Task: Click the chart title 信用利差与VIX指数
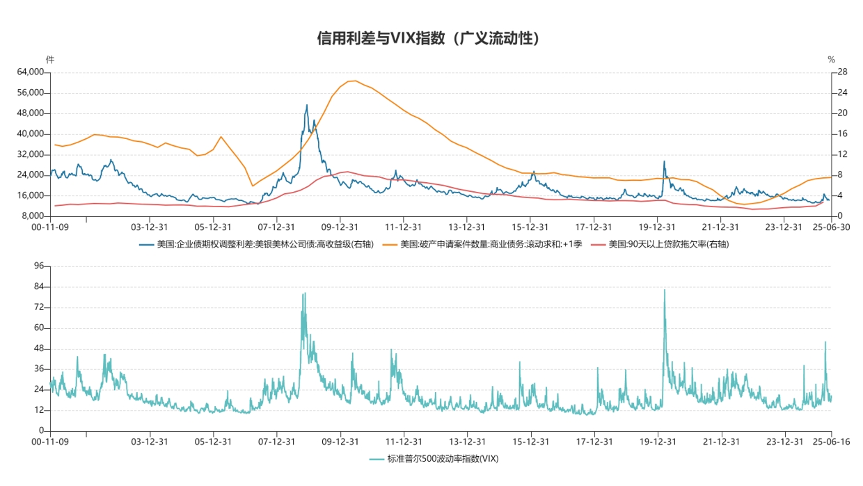click(x=428, y=38)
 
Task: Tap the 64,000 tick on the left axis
click(x=31, y=72)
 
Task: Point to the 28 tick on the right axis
click(x=842, y=72)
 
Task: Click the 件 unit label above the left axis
click(x=49, y=60)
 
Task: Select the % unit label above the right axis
click(x=831, y=60)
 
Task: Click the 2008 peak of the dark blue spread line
click(x=306, y=106)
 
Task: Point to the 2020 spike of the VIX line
click(x=665, y=290)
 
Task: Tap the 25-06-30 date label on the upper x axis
click(x=831, y=227)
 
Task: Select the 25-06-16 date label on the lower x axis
click(x=831, y=442)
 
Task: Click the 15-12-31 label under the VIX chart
click(x=531, y=442)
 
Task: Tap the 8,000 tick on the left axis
click(x=33, y=216)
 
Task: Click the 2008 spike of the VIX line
click(x=304, y=293)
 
